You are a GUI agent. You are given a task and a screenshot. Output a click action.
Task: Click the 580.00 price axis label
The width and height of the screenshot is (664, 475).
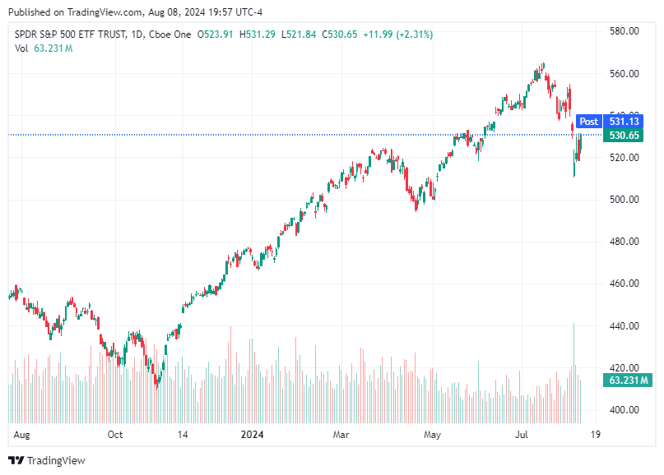624,31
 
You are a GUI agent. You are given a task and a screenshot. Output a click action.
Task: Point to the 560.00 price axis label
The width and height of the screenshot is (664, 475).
624,74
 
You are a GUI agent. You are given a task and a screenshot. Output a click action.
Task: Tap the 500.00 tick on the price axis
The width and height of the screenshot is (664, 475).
624,200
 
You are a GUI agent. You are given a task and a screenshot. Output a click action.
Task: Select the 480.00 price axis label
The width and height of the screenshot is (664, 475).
624,242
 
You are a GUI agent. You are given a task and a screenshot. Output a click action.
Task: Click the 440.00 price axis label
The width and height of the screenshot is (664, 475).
624,326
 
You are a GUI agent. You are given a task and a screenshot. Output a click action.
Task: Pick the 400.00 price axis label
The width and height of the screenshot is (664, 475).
624,410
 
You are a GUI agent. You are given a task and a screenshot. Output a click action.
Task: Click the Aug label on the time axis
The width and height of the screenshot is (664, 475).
22,434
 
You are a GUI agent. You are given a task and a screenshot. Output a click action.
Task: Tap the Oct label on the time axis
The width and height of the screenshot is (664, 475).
115,434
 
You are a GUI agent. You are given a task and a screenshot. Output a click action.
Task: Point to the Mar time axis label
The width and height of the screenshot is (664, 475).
343,434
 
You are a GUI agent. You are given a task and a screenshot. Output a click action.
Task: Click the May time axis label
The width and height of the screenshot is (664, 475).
432,434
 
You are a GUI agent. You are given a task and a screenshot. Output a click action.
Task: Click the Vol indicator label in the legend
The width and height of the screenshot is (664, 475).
21,48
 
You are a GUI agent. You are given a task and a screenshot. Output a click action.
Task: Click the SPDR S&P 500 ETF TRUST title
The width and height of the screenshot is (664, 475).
71,35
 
